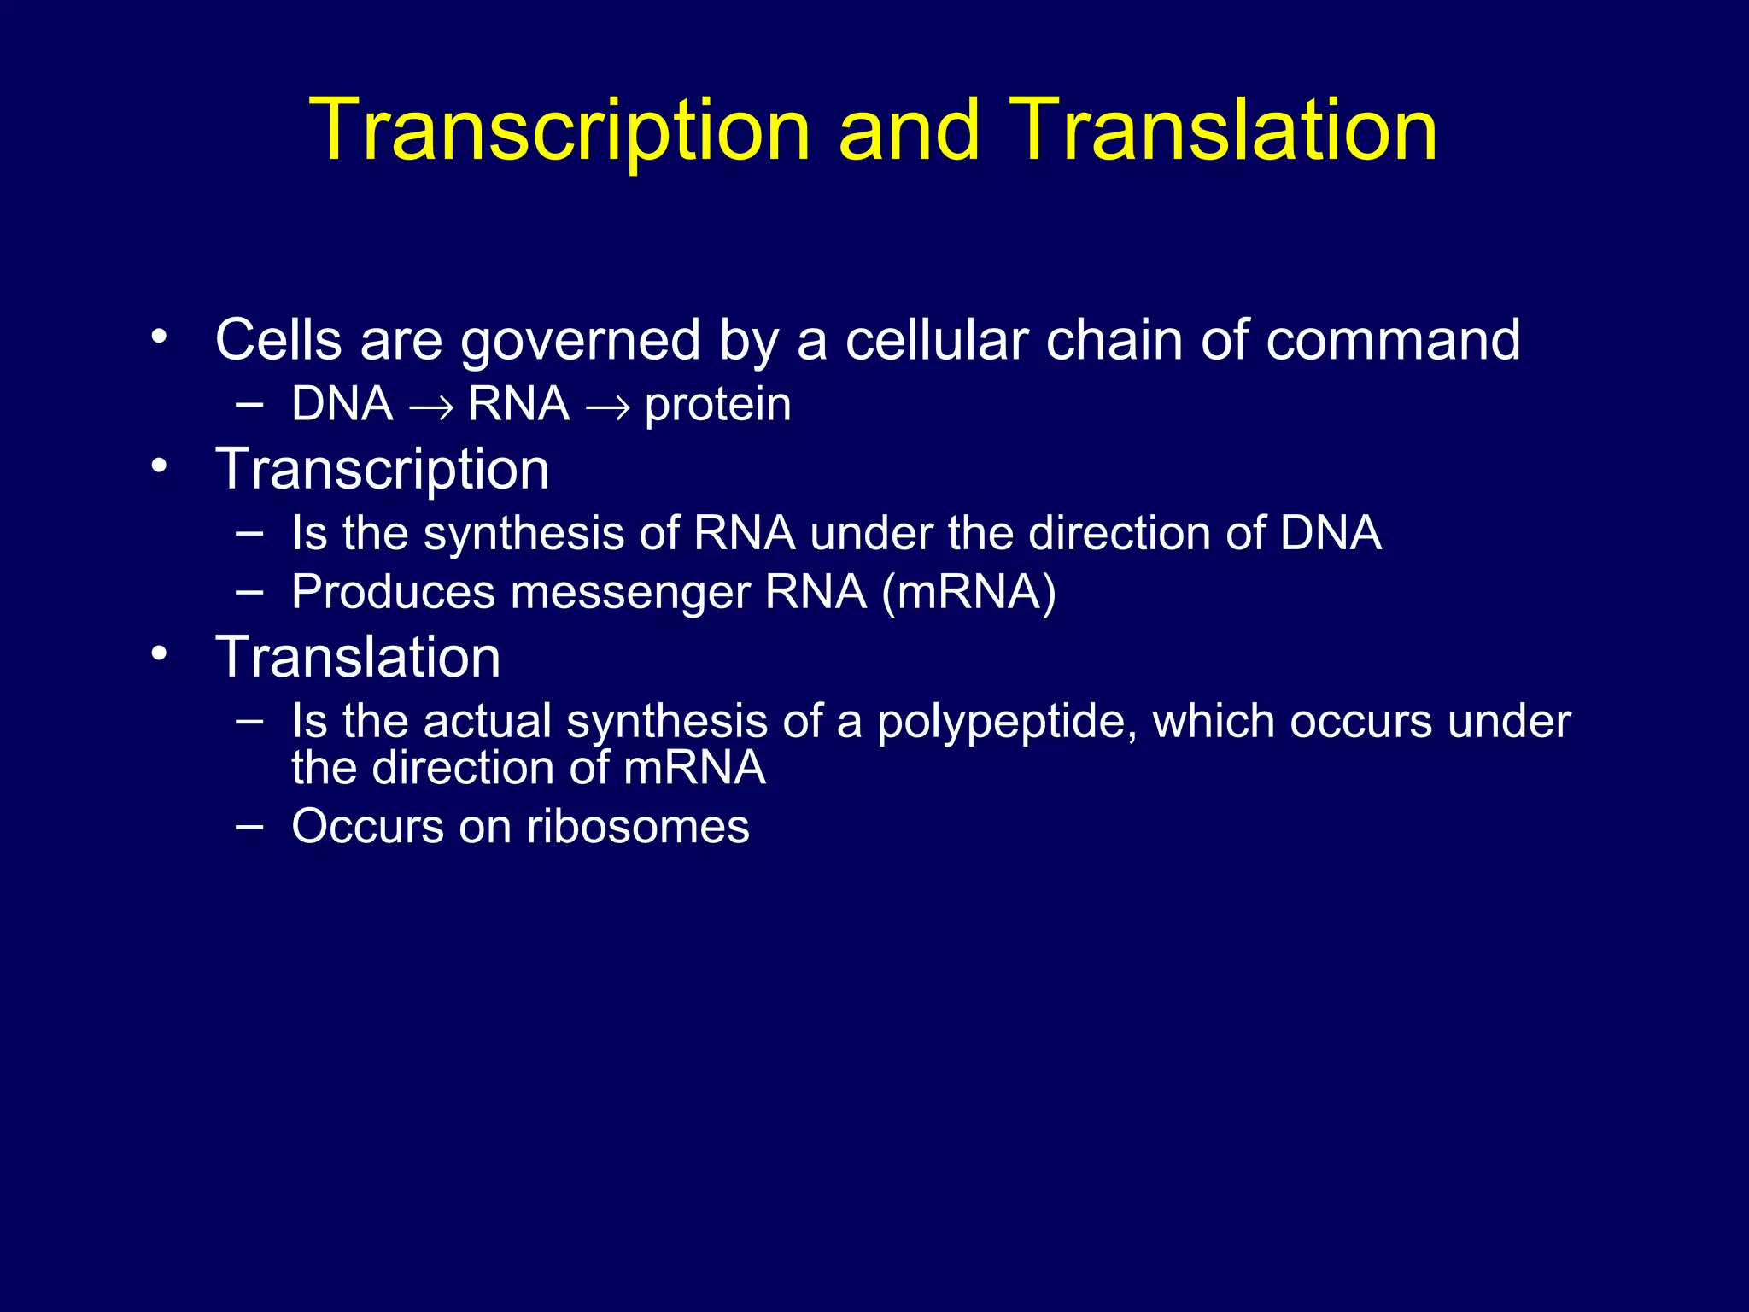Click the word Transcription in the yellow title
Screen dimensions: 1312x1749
559,130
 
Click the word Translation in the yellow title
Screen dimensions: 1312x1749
1223,130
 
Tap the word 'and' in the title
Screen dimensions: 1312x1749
909,130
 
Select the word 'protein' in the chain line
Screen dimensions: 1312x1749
717,405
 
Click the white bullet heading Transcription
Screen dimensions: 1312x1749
382,470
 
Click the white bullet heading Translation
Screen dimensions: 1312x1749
358,658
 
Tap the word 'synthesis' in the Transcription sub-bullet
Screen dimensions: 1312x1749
524,534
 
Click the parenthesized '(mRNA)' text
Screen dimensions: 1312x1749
968,593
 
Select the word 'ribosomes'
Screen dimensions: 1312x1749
638,827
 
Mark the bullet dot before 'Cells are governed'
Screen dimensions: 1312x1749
158,337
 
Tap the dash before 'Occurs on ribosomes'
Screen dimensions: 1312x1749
249,825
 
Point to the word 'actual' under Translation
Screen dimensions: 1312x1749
487,722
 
